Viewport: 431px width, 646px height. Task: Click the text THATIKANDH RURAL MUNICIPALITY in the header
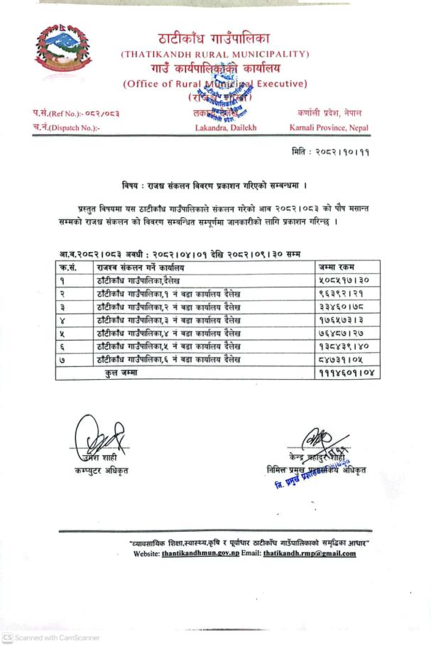215,54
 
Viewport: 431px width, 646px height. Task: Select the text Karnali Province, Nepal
329,128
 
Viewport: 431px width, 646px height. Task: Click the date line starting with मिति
330,152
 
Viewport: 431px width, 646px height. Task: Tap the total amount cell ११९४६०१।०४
346,372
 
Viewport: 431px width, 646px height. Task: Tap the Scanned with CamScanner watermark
51,637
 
